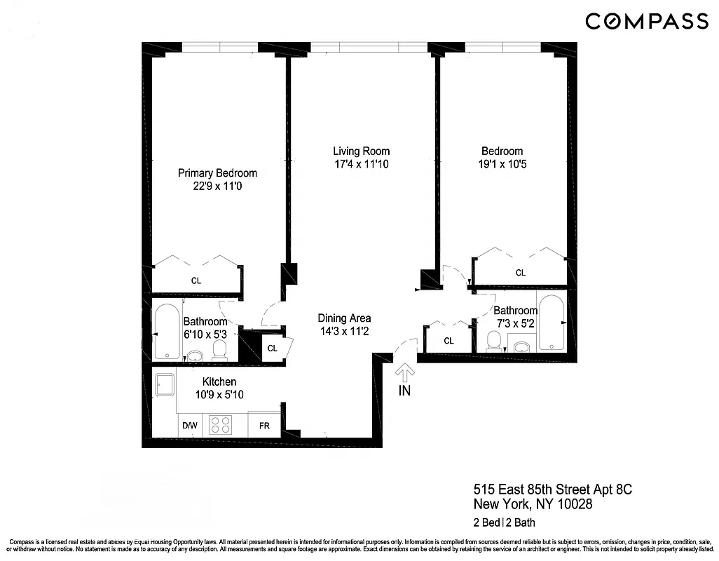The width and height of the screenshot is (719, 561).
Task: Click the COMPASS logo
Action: [x=647, y=22]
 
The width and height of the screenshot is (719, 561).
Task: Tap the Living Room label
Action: [x=361, y=151]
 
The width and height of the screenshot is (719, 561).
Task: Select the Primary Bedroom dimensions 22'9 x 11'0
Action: [x=217, y=187]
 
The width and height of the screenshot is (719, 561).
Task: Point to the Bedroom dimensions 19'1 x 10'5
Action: [x=502, y=165]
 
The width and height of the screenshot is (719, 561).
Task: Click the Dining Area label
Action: [x=344, y=318]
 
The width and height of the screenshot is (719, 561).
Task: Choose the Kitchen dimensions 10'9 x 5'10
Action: [x=219, y=395]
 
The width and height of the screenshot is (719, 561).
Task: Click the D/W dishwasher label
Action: [x=190, y=426]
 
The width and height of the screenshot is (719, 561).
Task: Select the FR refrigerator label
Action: [x=265, y=426]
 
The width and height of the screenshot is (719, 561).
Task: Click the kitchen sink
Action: [x=165, y=386]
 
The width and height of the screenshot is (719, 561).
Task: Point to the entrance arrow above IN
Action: [x=404, y=372]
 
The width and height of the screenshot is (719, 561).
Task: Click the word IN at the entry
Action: [x=404, y=391]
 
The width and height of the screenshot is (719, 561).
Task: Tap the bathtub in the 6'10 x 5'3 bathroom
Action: [x=167, y=332]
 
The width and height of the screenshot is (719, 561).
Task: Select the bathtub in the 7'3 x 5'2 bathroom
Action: [x=551, y=323]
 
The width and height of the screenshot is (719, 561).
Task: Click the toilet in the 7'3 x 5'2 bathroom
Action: [x=494, y=341]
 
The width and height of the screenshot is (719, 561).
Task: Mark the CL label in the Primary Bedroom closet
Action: [x=196, y=281]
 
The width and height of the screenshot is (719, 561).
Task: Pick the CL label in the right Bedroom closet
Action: [x=521, y=273]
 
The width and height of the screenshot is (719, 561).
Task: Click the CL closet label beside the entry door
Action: [x=448, y=341]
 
